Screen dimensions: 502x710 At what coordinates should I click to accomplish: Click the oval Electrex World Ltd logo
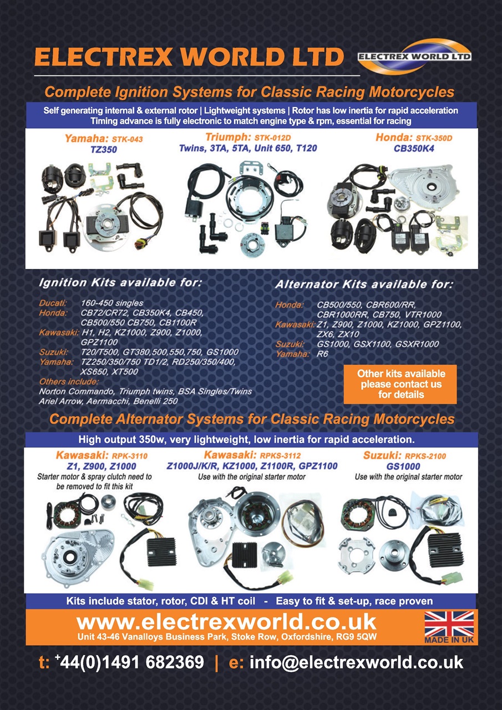point(414,57)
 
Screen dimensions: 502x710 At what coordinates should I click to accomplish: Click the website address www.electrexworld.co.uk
point(227,622)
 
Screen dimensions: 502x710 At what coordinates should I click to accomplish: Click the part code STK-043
point(128,139)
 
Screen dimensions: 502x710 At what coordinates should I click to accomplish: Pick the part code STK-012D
point(272,138)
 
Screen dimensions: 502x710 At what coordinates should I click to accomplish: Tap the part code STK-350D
point(434,138)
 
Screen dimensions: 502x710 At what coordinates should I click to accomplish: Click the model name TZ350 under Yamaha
point(104,149)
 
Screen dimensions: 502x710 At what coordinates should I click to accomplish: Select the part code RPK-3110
point(130,456)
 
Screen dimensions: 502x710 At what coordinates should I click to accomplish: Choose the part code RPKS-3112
point(280,456)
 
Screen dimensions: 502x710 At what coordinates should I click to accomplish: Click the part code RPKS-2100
point(425,456)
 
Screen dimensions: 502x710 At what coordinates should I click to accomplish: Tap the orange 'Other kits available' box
point(400,384)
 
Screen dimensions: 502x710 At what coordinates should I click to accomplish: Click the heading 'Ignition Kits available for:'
point(120,282)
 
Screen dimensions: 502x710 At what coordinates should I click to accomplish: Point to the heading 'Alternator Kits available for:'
point(364,285)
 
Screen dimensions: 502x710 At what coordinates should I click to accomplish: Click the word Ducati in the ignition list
point(53,303)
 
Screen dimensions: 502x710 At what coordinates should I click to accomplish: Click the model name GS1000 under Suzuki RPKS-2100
point(403,466)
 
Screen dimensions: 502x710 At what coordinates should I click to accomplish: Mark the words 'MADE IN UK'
point(449,640)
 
